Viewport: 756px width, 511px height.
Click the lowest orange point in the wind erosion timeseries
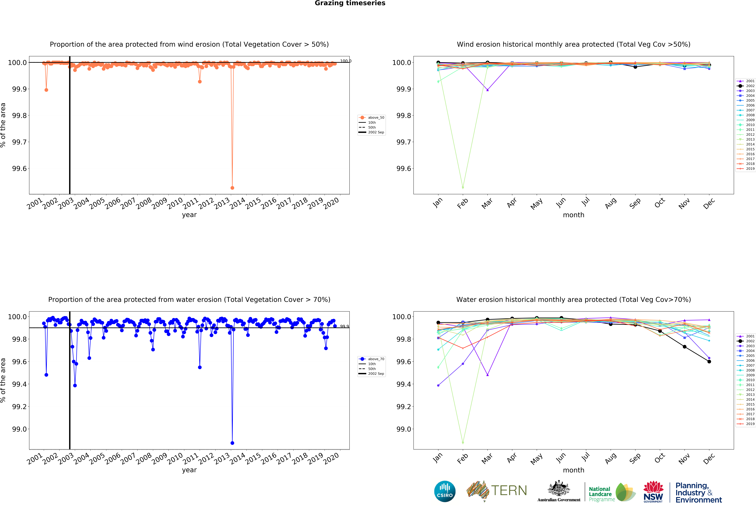click(232, 188)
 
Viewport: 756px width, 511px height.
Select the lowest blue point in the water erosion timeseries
click(232, 443)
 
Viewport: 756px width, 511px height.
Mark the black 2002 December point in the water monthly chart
click(709, 362)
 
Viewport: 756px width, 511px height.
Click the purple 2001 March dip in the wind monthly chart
click(487, 90)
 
